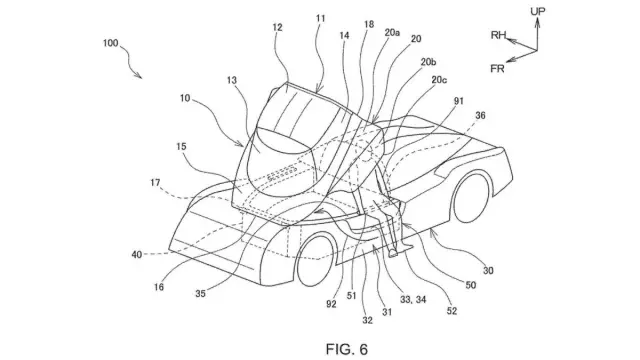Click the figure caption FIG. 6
point(347,349)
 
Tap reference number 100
point(111,43)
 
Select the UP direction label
point(538,11)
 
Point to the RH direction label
point(498,35)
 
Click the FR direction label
point(497,69)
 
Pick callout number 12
point(278,27)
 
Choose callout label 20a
point(392,33)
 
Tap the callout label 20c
point(439,80)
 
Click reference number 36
point(480,116)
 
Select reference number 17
point(155,183)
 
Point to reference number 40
point(137,255)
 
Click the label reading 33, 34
point(413,300)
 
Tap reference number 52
point(451,311)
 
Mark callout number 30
point(488,270)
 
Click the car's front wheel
point(317,261)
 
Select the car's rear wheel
point(471,198)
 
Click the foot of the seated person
point(393,253)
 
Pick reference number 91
point(459,100)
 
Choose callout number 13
point(231,80)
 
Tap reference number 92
point(331,304)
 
